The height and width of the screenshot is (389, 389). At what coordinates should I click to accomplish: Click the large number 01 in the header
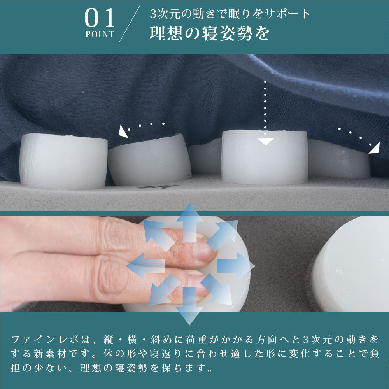click(x=100, y=18)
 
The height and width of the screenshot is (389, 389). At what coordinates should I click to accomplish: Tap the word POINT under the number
click(x=100, y=34)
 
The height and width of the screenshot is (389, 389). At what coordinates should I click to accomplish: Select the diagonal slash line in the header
click(x=129, y=24)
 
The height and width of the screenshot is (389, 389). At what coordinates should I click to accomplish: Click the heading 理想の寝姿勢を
click(x=210, y=33)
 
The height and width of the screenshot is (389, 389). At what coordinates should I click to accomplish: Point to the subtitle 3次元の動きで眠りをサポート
click(x=230, y=14)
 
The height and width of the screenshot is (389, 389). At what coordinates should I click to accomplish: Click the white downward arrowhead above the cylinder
click(x=265, y=142)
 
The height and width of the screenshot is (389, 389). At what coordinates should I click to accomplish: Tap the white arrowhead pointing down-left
click(x=123, y=131)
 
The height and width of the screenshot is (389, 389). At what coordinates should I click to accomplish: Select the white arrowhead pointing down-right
click(x=375, y=148)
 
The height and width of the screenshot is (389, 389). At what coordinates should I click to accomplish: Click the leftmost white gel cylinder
click(x=63, y=161)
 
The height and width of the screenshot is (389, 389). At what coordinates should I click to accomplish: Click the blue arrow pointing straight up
click(x=190, y=223)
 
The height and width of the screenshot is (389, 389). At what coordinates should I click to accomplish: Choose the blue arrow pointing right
click(x=236, y=266)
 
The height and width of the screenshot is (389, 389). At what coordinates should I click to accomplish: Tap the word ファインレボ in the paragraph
click(x=45, y=340)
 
